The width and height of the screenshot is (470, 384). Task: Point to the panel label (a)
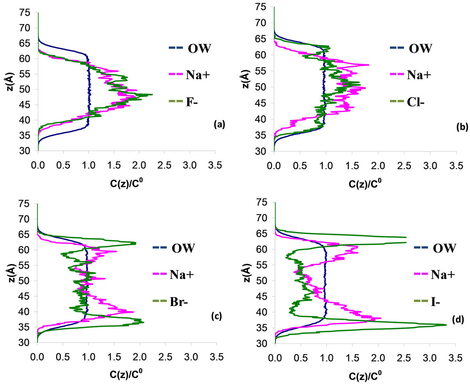pyautogui.click(x=219, y=124)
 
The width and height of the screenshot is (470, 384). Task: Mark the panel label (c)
pyautogui.click(x=217, y=316)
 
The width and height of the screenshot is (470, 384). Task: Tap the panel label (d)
pyautogui.click(x=458, y=319)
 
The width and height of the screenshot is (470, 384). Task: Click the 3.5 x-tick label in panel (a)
pyautogui.click(x=215, y=165)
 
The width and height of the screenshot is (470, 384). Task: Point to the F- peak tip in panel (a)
pyautogui.click(x=152, y=94)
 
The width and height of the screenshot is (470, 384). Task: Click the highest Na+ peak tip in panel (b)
pyautogui.click(x=369, y=65)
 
